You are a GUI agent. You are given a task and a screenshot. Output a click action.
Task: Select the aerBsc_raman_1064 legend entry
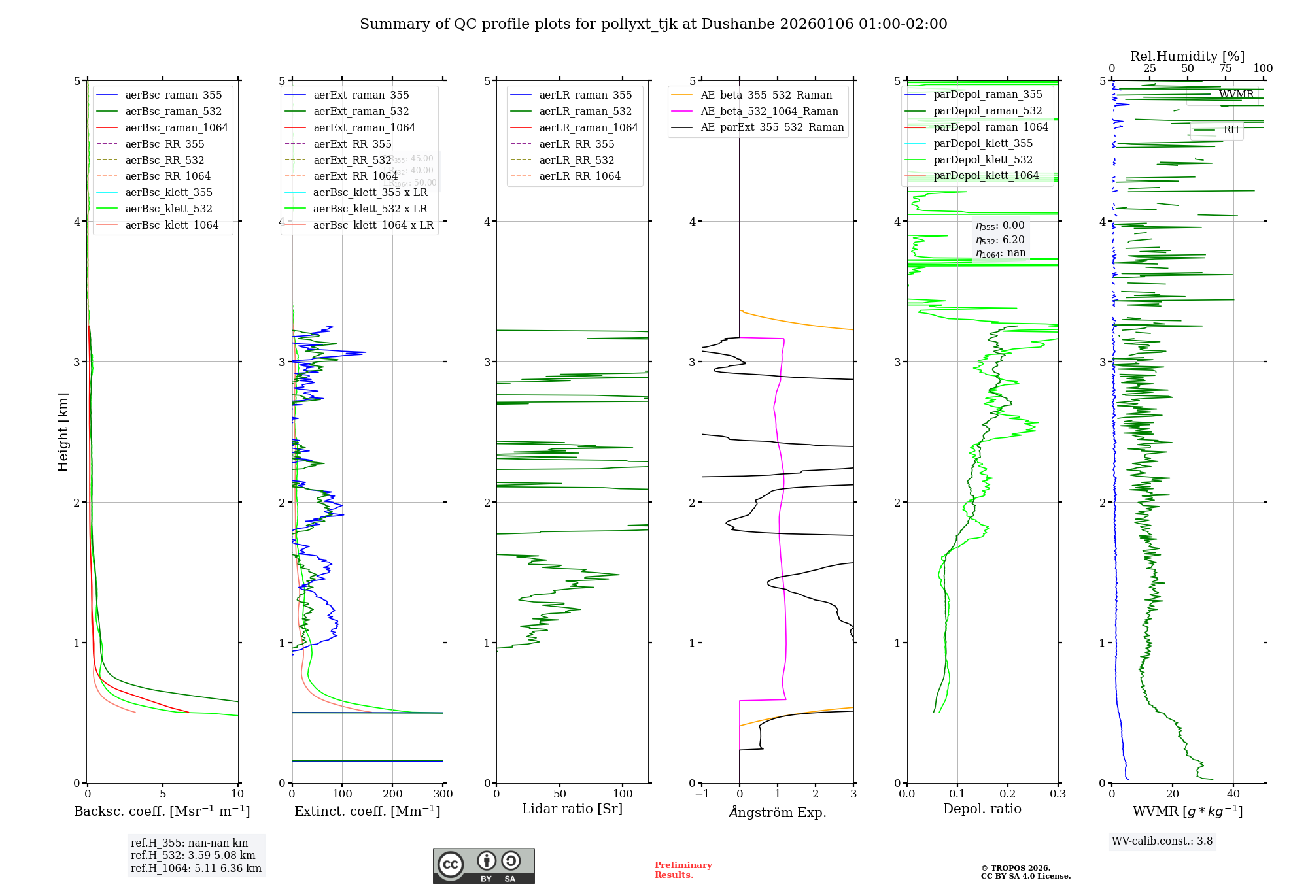177,127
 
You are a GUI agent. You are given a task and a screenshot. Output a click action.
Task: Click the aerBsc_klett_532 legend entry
169,209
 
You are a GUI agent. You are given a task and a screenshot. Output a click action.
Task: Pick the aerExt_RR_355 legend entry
352,144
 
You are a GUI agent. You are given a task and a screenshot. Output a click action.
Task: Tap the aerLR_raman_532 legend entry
585,112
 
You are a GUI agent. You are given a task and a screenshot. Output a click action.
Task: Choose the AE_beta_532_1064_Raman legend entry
769,111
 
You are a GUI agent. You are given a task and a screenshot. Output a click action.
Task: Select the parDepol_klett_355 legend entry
983,143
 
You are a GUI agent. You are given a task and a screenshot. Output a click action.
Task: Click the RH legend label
1231,130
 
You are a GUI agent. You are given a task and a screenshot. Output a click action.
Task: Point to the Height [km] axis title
63,432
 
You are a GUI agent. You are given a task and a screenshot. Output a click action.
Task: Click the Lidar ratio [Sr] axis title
572,809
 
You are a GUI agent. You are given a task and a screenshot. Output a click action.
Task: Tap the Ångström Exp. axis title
778,812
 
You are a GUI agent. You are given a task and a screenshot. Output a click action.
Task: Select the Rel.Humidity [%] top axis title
1187,56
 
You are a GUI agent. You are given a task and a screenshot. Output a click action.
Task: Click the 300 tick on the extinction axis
443,794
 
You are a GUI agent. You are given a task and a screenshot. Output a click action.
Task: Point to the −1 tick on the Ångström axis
702,794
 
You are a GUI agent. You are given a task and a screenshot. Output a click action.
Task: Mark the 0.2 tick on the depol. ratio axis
1008,794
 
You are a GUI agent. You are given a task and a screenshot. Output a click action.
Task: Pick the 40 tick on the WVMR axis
1233,794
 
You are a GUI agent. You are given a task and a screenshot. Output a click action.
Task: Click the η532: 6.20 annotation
1000,240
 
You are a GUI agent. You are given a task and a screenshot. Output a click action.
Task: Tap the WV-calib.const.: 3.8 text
1162,841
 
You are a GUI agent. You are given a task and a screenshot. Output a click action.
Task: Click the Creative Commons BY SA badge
483,866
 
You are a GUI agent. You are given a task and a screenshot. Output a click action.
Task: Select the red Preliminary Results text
683,870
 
